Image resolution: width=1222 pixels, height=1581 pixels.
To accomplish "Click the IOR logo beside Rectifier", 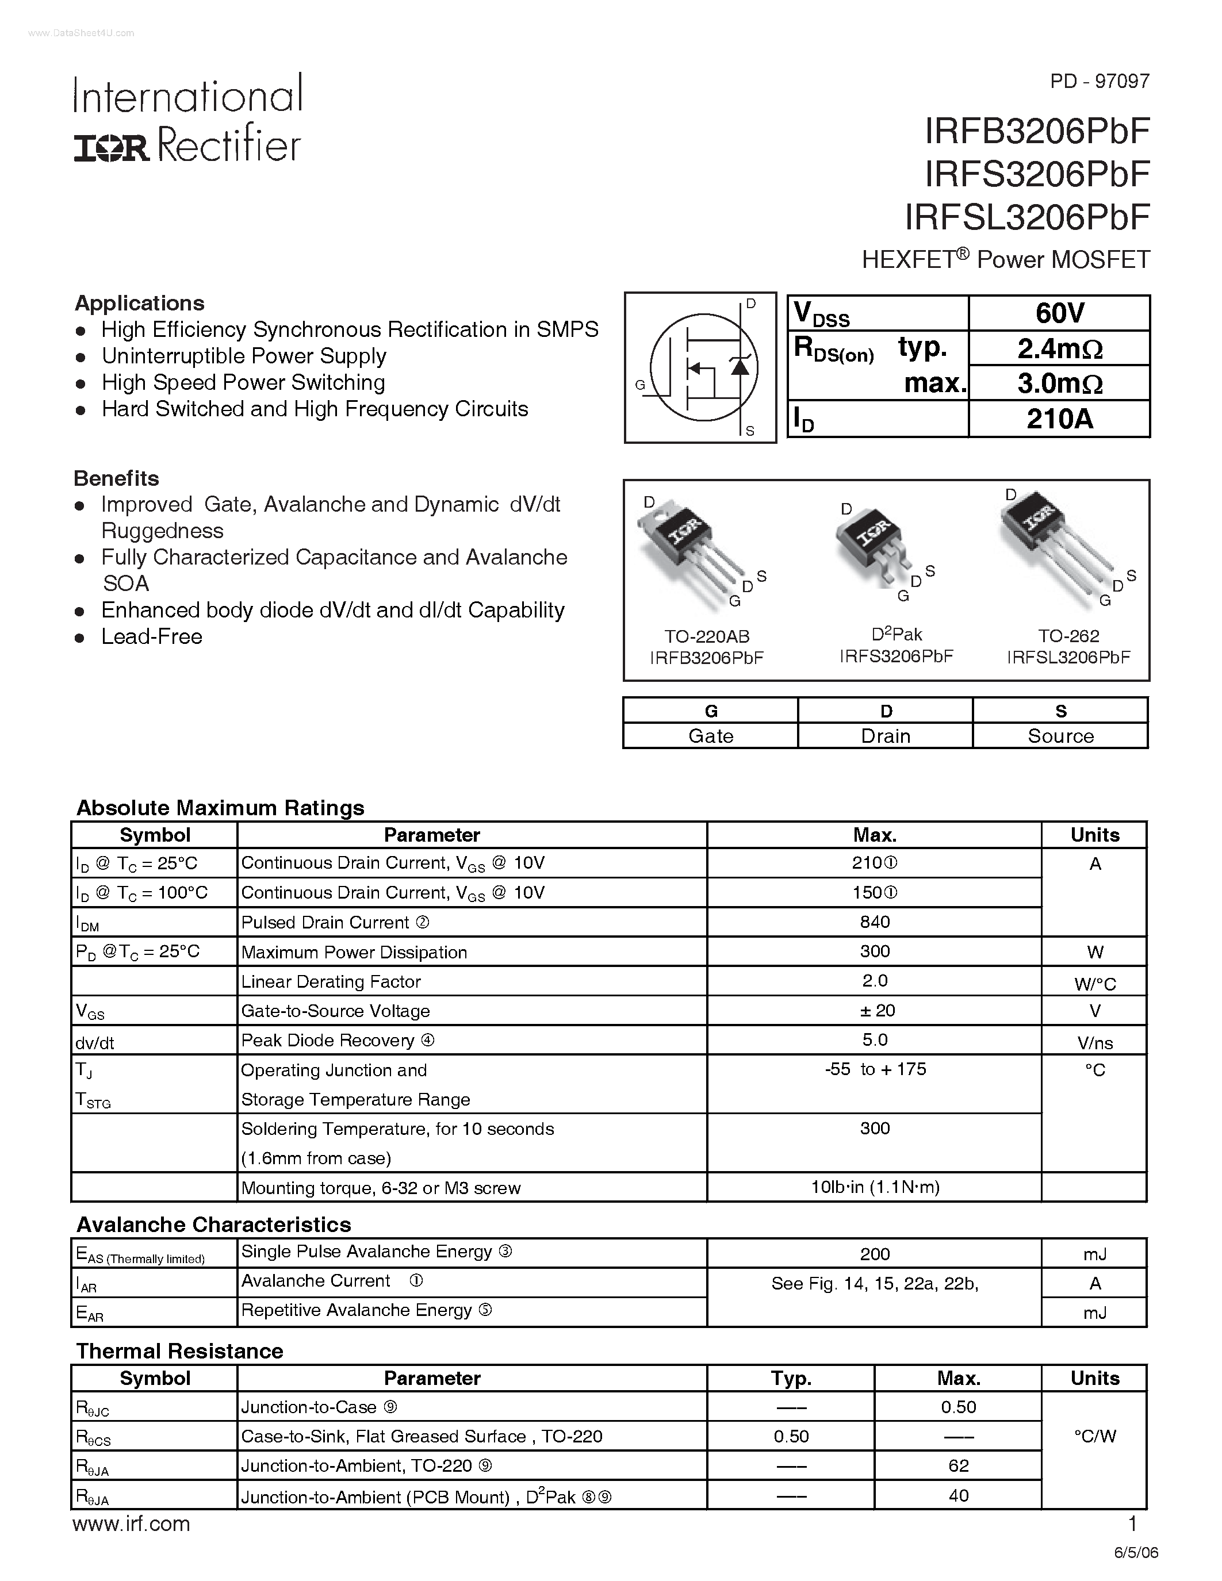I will point(112,148).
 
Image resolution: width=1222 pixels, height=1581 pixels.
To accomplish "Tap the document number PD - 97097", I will point(1099,81).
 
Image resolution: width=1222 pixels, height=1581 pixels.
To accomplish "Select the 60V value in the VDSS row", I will point(1059,313).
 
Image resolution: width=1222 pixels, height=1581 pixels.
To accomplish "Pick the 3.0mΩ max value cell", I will point(1059,383).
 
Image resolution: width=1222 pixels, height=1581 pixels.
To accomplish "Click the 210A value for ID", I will point(1059,419).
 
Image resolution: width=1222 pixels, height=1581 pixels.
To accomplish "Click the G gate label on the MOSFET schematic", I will point(640,385).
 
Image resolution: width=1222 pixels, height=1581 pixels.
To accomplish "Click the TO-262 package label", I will point(1068,636).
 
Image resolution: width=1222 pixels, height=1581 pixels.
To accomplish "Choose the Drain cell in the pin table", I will point(886,735).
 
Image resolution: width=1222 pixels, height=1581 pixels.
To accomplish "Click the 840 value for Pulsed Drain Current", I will point(875,922).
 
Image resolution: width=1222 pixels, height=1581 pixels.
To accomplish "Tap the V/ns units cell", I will point(1094,1042).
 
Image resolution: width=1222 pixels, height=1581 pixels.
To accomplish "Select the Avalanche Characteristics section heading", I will point(213,1224).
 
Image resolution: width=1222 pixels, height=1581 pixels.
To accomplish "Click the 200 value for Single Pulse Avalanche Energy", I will point(875,1254).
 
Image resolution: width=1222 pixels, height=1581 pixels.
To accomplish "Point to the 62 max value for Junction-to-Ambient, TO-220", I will point(958,1466).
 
